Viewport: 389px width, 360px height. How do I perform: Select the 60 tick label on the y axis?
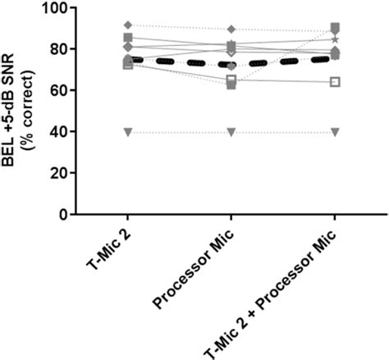60,90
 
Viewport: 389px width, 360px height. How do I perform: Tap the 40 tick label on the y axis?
60,131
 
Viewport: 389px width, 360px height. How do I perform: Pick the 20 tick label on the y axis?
60,172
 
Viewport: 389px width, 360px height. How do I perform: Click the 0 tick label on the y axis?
64,213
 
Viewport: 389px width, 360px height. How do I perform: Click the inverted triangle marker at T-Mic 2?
127,132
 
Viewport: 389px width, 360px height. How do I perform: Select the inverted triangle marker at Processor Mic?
231,132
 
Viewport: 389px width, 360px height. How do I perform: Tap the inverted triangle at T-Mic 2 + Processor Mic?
335,132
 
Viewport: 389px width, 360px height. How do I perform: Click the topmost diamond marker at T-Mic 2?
127,25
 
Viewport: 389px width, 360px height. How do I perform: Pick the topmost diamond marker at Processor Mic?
231,30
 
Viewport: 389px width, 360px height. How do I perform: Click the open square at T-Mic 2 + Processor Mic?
335,82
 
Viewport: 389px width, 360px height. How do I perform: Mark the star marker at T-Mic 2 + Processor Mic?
335,39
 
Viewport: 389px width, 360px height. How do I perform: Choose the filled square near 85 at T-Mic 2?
127,38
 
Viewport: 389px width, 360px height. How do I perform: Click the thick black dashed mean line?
181,62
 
